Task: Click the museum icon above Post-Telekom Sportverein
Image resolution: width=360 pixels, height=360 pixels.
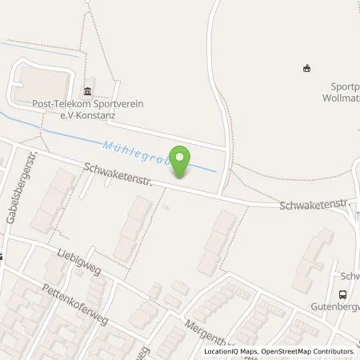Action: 87,90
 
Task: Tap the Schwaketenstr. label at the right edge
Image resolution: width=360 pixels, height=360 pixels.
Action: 316,206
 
